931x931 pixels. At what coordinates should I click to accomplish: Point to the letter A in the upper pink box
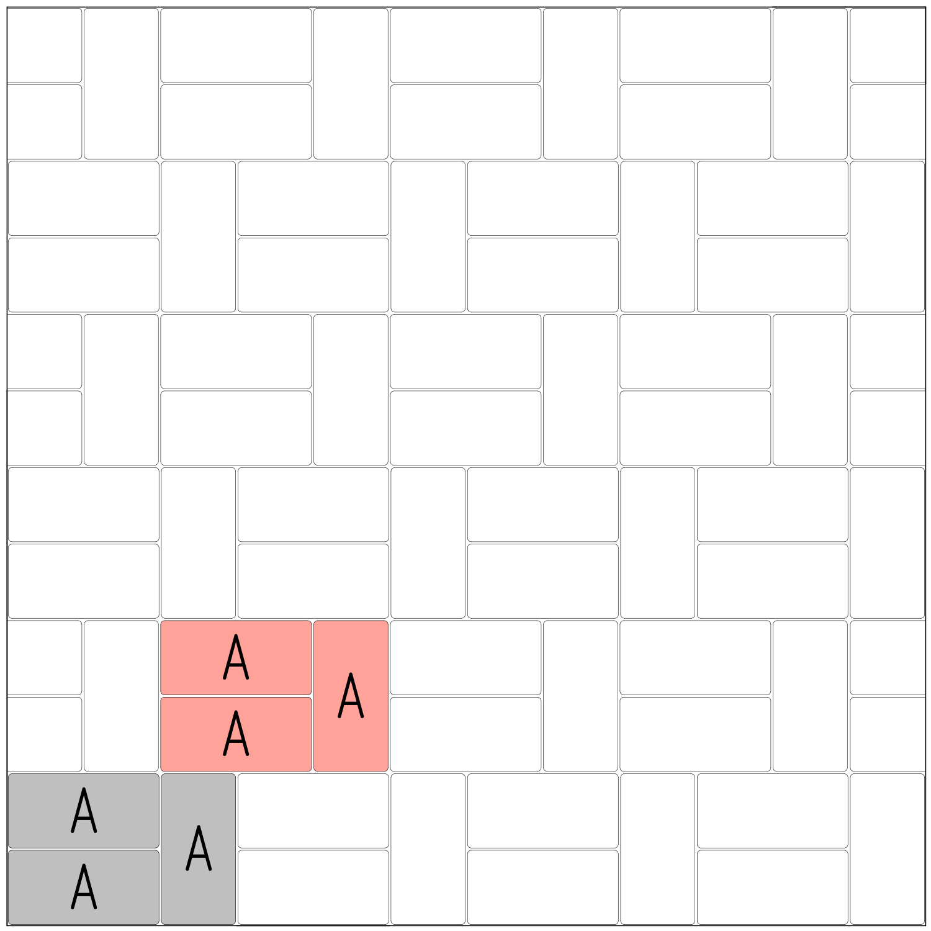point(236,657)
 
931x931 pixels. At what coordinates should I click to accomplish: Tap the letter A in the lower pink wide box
point(236,733)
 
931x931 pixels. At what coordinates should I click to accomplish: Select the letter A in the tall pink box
point(351,695)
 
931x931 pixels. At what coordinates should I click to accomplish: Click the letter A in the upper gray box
point(84,810)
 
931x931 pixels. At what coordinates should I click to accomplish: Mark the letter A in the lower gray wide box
point(84,886)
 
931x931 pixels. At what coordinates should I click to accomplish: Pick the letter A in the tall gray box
point(199,848)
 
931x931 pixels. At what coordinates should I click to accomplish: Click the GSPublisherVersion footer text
point(48,929)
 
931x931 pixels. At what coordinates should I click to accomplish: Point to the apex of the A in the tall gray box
point(199,827)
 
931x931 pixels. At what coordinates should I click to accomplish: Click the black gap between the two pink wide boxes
point(236,696)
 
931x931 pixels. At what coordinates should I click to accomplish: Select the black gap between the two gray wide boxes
point(84,849)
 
